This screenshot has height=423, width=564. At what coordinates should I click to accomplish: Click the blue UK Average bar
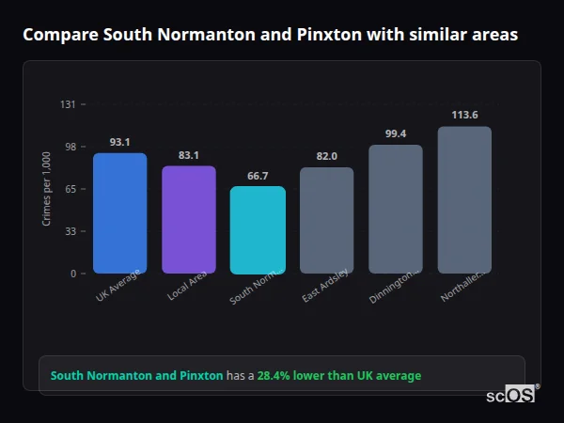[x=119, y=213]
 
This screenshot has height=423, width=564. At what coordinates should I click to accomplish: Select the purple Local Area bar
[x=189, y=220]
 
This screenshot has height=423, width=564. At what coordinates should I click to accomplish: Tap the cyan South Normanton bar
[x=258, y=230]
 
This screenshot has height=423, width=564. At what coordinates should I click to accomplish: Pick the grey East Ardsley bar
[x=326, y=221]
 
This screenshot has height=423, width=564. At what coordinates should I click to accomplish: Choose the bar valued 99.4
[x=396, y=210]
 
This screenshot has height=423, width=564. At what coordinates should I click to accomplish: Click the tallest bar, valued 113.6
[x=464, y=200]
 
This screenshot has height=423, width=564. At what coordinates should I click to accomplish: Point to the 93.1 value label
[x=119, y=142]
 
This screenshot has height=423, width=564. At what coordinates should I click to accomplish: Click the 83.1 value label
[x=189, y=155]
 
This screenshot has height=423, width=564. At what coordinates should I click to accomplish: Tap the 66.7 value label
[x=258, y=176]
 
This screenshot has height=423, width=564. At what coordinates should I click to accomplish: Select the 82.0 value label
[x=326, y=156]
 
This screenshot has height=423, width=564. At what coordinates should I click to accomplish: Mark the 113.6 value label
[x=464, y=115]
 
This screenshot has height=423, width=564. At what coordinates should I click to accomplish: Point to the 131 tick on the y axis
[x=68, y=104]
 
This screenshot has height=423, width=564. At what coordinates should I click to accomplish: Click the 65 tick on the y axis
[x=70, y=189]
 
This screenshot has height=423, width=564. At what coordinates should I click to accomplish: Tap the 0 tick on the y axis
[x=72, y=274]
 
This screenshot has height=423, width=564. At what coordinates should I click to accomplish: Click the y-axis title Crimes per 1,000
[x=47, y=189]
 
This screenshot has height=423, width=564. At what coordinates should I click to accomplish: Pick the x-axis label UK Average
[x=118, y=288]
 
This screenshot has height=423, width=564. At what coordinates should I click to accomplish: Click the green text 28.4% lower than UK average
[x=339, y=376]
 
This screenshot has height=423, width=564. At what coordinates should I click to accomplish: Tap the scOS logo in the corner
[x=511, y=396]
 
